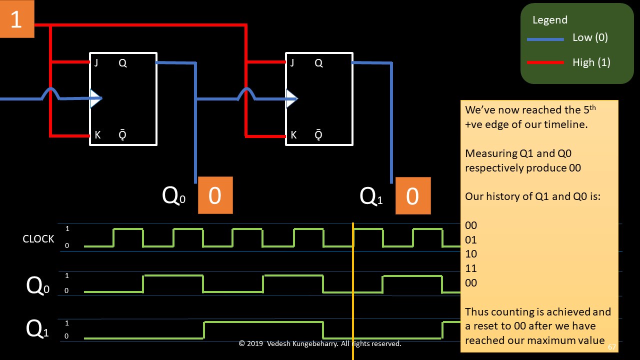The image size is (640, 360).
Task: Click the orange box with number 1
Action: coord(16,19)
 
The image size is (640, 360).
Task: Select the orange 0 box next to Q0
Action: coord(215,195)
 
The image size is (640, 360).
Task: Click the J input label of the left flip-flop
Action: coord(95,63)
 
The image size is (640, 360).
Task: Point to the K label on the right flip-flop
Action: coord(293,135)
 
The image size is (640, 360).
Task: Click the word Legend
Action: coord(550,20)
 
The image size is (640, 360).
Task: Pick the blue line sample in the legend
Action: coord(545,39)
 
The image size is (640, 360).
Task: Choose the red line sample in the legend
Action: coord(545,63)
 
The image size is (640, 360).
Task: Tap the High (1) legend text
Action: coord(591,62)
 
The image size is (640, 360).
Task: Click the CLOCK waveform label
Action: coord(38,239)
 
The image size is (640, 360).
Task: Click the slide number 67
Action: coord(612,347)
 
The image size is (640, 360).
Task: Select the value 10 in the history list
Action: coord(471,254)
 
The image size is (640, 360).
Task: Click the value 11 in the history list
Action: coord(471,268)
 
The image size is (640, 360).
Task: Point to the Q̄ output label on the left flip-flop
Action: coord(122,135)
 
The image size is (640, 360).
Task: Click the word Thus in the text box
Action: coord(475,312)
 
